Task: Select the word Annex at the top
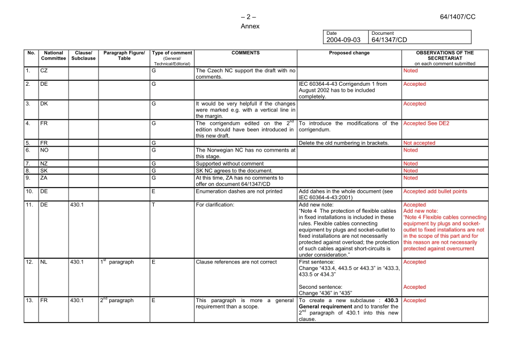(250, 26)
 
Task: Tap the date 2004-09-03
(343, 40)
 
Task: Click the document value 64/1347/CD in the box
(389, 40)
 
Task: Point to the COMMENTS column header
(245, 53)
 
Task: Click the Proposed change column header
(349, 53)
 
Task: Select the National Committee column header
(54, 56)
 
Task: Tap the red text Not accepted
(419, 143)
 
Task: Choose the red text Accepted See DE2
(426, 123)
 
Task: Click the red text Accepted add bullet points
(435, 191)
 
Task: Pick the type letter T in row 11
(153, 205)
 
